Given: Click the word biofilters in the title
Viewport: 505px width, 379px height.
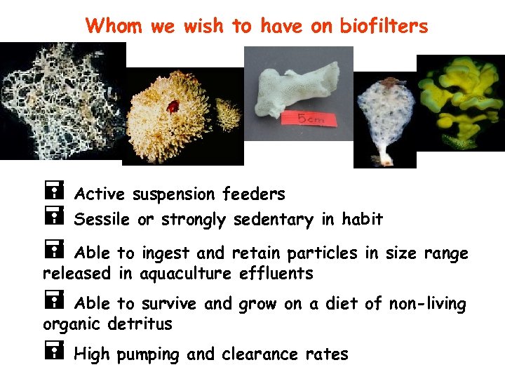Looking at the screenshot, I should pos(384,26).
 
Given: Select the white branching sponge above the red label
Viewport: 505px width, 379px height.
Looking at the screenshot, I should pos(288,85).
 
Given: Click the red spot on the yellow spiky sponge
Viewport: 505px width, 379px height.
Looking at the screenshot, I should pos(172,107).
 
